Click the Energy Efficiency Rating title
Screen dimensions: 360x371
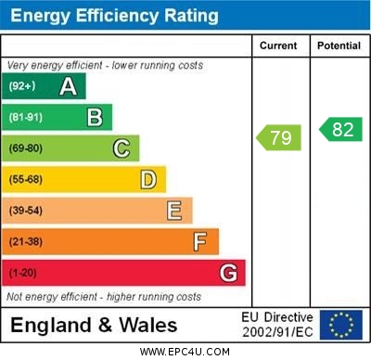click(x=114, y=16)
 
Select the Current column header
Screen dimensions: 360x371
click(x=278, y=45)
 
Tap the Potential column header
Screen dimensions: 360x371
click(x=339, y=45)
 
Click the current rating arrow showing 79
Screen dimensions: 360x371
click(x=279, y=138)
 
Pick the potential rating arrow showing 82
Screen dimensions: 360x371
click(x=340, y=129)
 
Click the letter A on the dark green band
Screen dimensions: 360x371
click(x=68, y=86)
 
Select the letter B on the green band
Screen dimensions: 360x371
click(x=95, y=117)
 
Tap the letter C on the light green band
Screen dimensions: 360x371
click(x=122, y=148)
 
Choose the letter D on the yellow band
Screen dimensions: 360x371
click(x=148, y=179)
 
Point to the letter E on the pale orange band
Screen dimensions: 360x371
click(x=174, y=211)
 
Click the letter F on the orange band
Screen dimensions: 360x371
click(x=200, y=242)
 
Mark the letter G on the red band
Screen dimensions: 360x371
click(x=228, y=273)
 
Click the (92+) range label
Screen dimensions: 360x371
click(x=21, y=86)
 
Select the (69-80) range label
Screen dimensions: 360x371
click(x=26, y=148)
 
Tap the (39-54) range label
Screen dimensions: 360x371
click(x=26, y=211)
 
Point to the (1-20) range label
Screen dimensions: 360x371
click(x=23, y=274)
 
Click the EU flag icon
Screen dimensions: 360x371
click(x=340, y=324)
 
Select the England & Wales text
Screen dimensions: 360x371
click(x=94, y=325)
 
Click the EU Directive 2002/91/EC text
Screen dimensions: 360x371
click(x=277, y=325)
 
